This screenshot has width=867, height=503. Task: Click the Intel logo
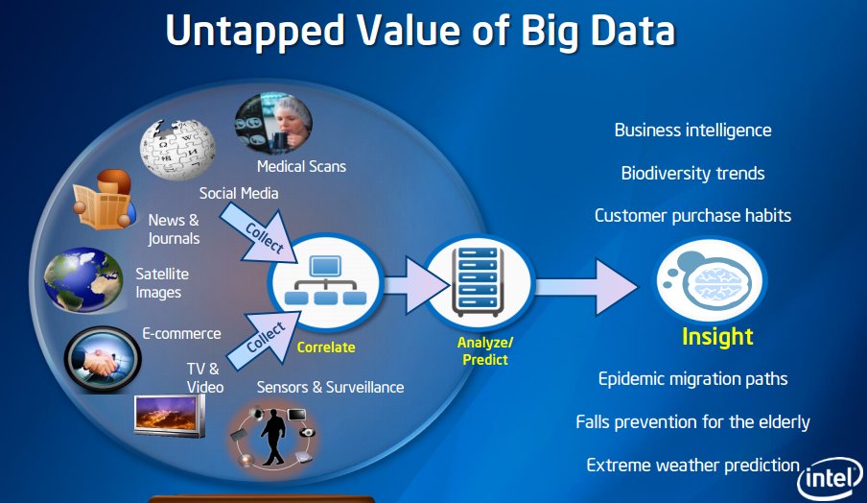point(831,477)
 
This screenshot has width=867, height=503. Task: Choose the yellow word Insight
point(717,337)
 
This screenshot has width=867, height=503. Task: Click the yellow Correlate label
point(326,347)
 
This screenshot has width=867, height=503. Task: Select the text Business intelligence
point(692,130)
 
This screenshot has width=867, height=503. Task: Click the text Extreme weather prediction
point(692,466)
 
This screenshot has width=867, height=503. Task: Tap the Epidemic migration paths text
point(692,378)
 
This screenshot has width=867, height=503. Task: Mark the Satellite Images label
point(162,282)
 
